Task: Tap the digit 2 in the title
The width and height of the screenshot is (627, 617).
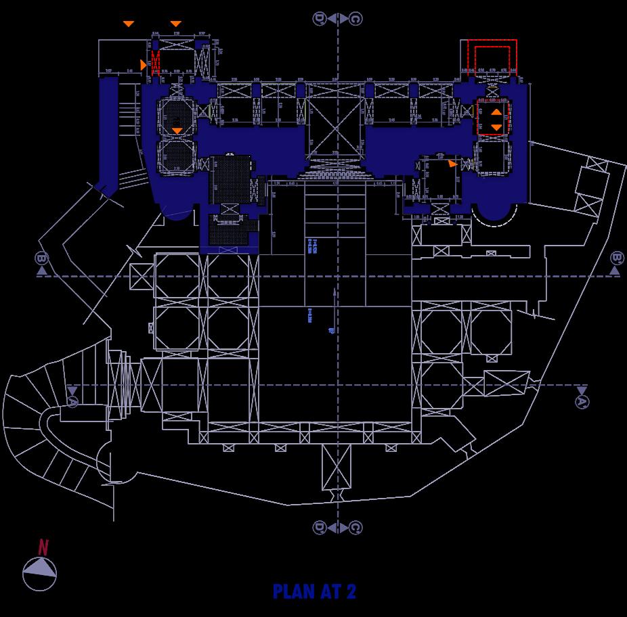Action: point(351,591)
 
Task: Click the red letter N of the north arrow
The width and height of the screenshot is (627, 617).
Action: point(43,547)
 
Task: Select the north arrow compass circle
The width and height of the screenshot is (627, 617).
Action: point(40,574)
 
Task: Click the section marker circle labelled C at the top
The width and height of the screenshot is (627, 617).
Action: point(355,18)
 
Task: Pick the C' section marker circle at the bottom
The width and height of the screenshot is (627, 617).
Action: point(355,527)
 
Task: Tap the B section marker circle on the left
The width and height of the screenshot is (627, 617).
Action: point(42,258)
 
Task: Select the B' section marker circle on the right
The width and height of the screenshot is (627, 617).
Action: point(615,258)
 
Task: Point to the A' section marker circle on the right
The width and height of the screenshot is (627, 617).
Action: point(581,402)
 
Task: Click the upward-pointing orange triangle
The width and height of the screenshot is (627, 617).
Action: point(496,112)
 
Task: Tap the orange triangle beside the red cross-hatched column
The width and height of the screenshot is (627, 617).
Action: point(143,64)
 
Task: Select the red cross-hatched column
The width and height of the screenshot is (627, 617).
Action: point(155,63)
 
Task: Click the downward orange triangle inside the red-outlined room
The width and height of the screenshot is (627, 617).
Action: point(496,127)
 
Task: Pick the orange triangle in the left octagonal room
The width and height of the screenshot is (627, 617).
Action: point(177,130)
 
